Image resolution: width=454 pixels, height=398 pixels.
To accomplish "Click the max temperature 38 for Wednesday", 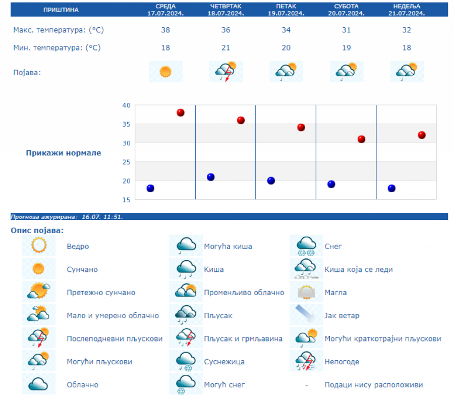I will coord(165,30).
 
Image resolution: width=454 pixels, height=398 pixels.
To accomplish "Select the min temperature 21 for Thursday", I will coord(225,48).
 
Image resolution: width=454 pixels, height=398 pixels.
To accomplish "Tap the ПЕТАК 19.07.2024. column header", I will coord(286,10).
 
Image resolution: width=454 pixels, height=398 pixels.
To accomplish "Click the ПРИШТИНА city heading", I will coord(61,10).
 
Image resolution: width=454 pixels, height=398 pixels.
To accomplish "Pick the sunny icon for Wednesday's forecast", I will coord(165,72).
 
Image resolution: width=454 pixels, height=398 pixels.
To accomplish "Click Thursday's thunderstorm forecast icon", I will coord(225,72).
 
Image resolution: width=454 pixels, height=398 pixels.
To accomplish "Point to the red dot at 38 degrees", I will coord(180,112).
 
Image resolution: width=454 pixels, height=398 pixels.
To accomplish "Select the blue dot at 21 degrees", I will coord(210,177).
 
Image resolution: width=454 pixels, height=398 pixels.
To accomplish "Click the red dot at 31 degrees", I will coord(361,139).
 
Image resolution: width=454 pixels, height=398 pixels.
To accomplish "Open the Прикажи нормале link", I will coord(64,153).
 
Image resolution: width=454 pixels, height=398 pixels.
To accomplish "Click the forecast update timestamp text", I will coord(67,217).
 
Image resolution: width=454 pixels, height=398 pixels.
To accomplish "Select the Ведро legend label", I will coord(78,247).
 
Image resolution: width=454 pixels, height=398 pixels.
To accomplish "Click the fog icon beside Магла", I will coord(306,293).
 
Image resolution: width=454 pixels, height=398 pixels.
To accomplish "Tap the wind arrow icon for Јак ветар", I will coord(306,315).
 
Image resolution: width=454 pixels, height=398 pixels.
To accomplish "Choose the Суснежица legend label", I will coord(225,362).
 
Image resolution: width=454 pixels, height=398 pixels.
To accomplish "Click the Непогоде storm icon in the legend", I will coord(306,362).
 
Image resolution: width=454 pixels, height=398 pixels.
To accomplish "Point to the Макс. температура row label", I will coord(59,30).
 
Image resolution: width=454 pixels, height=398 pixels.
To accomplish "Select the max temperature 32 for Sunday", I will coord(407,30).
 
